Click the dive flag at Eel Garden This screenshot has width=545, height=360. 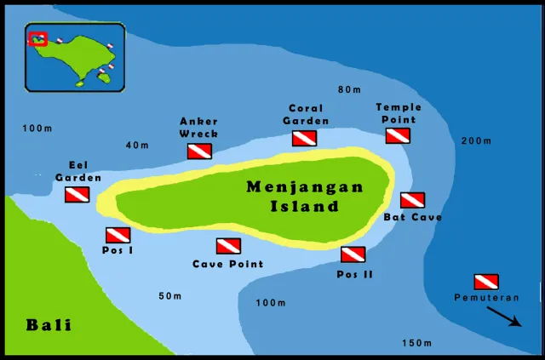(77, 194)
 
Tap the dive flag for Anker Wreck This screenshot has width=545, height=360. (199, 151)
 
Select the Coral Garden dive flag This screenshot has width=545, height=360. (305, 138)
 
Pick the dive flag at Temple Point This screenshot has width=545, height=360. (398, 135)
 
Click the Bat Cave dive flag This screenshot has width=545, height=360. (412, 200)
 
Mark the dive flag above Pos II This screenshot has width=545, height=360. (353, 254)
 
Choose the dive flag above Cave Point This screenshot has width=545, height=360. (228, 246)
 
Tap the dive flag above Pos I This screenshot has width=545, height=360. (118, 235)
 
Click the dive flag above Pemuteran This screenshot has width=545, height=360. (485, 282)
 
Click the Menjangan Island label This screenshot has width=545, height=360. (305, 197)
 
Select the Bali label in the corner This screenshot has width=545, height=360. (49, 324)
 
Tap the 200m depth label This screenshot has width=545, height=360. (476, 140)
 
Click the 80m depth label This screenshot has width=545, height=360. (349, 89)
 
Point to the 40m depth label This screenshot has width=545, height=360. (137, 146)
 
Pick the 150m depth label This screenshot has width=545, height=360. (417, 343)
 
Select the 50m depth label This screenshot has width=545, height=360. (170, 296)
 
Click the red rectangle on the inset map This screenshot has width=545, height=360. (38, 39)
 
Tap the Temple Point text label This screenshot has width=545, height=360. (399, 113)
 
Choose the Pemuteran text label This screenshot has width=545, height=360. (485, 297)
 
